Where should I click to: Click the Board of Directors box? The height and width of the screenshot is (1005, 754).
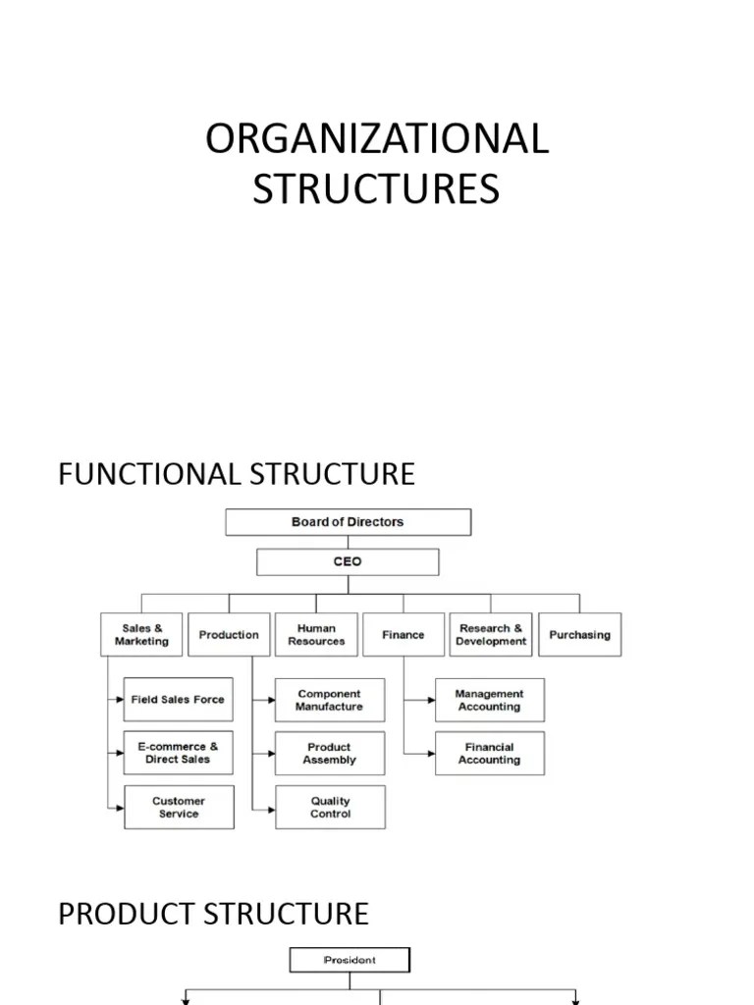pyautogui.click(x=348, y=522)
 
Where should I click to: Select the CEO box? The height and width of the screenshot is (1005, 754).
pyautogui.click(x=348, y=562)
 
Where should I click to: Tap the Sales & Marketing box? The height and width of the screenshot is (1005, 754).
pyautogui.click(x=141, y=635)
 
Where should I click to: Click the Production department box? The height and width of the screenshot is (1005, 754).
pyautogui.click(x=229, y=635)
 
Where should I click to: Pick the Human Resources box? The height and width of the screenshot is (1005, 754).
pyautogui.click(x=316, y=635)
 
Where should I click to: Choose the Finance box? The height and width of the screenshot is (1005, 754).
pyautogui.click(x=403, y=635)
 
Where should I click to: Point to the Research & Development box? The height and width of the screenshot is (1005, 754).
pyautogui.click(x=491, y=635)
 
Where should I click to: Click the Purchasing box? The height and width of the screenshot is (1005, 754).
pyautogui.click(x=579, y=635)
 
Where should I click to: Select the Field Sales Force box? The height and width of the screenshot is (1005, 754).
pyautogui.click(x=179, y=700)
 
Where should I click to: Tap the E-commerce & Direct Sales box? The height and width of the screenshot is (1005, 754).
pyautogui.click(x=179, y=753)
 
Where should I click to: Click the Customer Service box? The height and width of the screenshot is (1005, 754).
pyautogui.click(x=179, y=807)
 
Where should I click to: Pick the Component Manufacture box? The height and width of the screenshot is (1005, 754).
pyautogui.click(x=330, y=700)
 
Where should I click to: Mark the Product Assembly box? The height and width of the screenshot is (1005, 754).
pyautogui.click(x=330, y=753)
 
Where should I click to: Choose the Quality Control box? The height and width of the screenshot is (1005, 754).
pyautogui.click(x=330, y=807)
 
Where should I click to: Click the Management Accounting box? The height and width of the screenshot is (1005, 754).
pyautogui.click(x=489, y=700)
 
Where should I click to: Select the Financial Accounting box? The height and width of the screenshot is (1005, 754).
pyautogui.click(x=489, y=753)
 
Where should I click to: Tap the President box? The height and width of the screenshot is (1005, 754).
pyautogui.click(x=350, y=960)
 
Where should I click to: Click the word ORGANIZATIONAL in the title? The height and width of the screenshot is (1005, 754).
pyautogui.click(x=377, y=139)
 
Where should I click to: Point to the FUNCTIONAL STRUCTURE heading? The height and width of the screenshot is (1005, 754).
pyautogui.click(x=237, y=474)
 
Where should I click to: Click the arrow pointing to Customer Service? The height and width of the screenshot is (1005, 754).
pyautogui.click(x=116, y=807)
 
